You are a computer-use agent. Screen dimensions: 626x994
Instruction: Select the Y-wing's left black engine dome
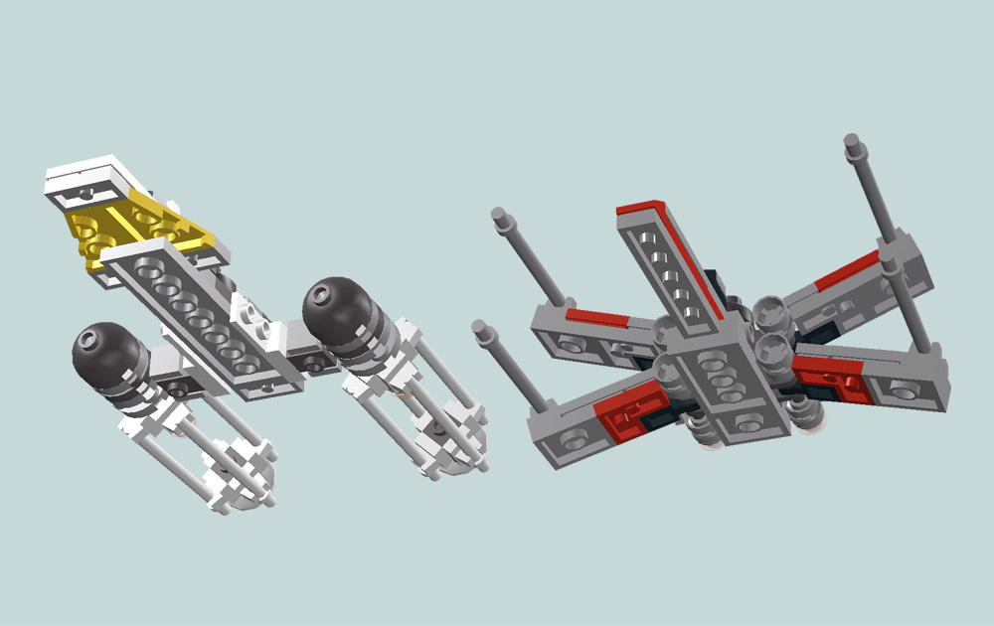coord(102,351)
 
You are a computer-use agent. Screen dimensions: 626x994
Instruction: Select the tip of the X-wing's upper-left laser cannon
coord(499,214)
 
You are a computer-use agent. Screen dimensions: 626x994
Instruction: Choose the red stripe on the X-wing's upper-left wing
coord(596,319)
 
